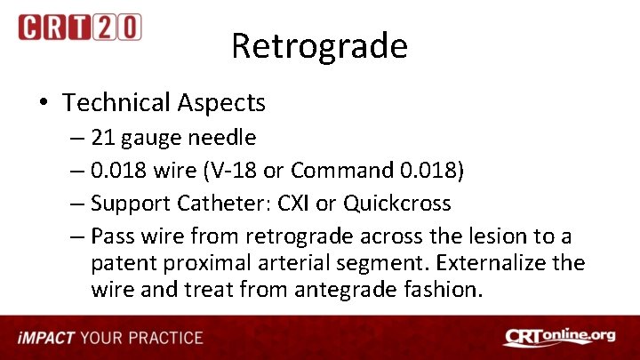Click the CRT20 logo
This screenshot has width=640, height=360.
click(79, 28)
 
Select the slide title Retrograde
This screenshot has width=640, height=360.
click(319, 45)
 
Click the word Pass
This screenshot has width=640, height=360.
click(111, 236)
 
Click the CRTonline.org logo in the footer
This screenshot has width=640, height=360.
click(559, 338)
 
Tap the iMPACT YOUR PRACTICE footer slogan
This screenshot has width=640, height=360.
click(110, 339)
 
